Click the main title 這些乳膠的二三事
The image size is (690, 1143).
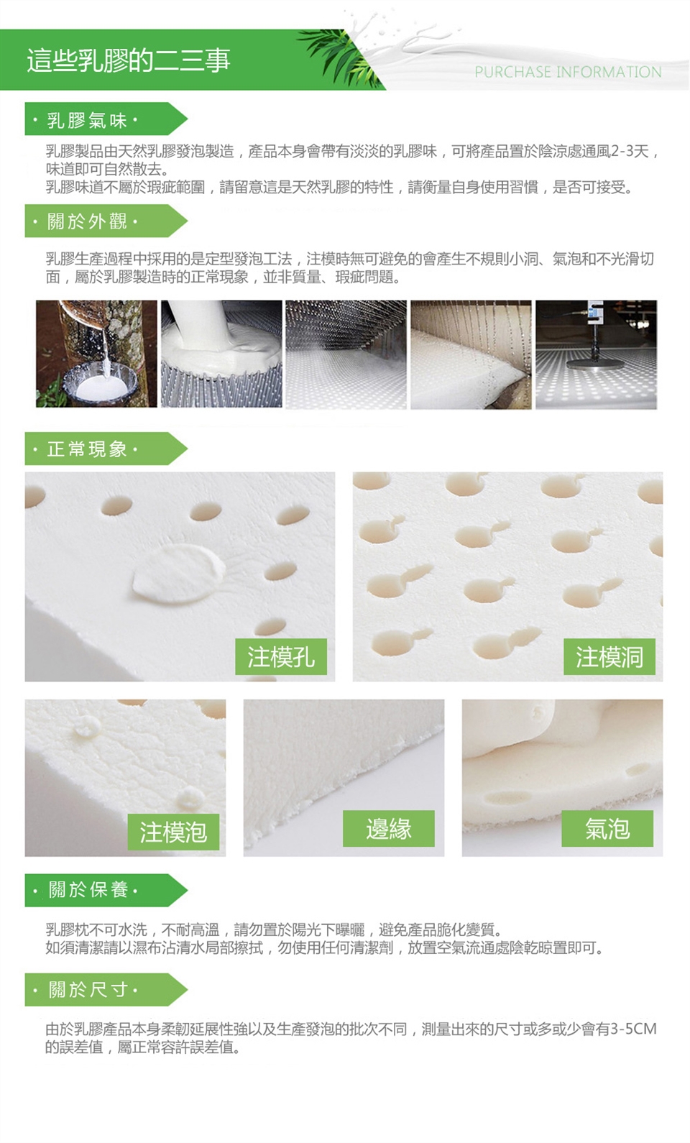pyautogui.click(x=128, y=60)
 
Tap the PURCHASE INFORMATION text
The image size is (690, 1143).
pyautogui.click(x=568, y=72)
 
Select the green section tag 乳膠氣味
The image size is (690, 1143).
pyautogui.click(x=106, y=119)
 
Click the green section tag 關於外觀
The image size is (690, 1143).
pyautogui.click(x=106, y=221)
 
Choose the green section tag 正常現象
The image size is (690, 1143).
pyautogui.click(x=106, y=449)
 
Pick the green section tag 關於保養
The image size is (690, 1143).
pyautogui.click(x=106, y=890)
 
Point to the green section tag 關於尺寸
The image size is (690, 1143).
pyautogui.click(x=106, y=989)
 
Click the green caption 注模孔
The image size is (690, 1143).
pyautogui.click(x=281, y=656)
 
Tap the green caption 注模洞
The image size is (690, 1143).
pyautogui.click(x=609, y=656)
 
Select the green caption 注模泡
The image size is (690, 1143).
pyautogui.click(x=173, y=832)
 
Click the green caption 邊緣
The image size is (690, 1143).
pyautogui.click(x=388, y=828)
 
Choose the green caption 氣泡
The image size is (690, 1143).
pyautogui.click(x=607, y=828)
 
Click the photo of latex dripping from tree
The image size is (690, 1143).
pyautogui.click(x=96, y=354)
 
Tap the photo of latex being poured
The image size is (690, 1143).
pyautogui.click(x=221, y=354)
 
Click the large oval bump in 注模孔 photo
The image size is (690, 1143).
pyautogui.click(x=179, y=572)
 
